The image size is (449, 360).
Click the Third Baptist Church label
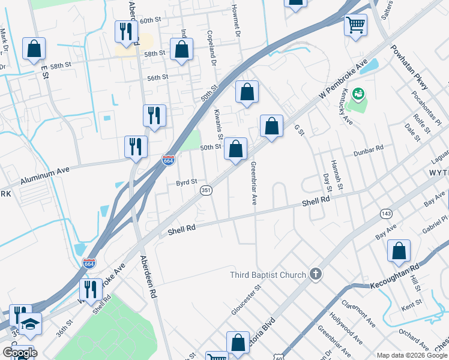(x=268, y=275)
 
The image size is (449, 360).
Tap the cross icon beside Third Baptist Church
(x=316, y=275)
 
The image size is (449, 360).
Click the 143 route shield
(x=385, y=214)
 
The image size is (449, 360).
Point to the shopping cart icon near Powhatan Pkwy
(x=355, y=25)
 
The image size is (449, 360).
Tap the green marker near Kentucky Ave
(x=358, y=94)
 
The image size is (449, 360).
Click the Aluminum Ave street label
(x=45, y=175)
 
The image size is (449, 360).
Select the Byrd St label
(x=186, y=182)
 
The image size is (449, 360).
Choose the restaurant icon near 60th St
(x=125, y=31)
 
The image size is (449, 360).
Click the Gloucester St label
(x=246, y=299)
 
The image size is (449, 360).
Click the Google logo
(x=19, y=352)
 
